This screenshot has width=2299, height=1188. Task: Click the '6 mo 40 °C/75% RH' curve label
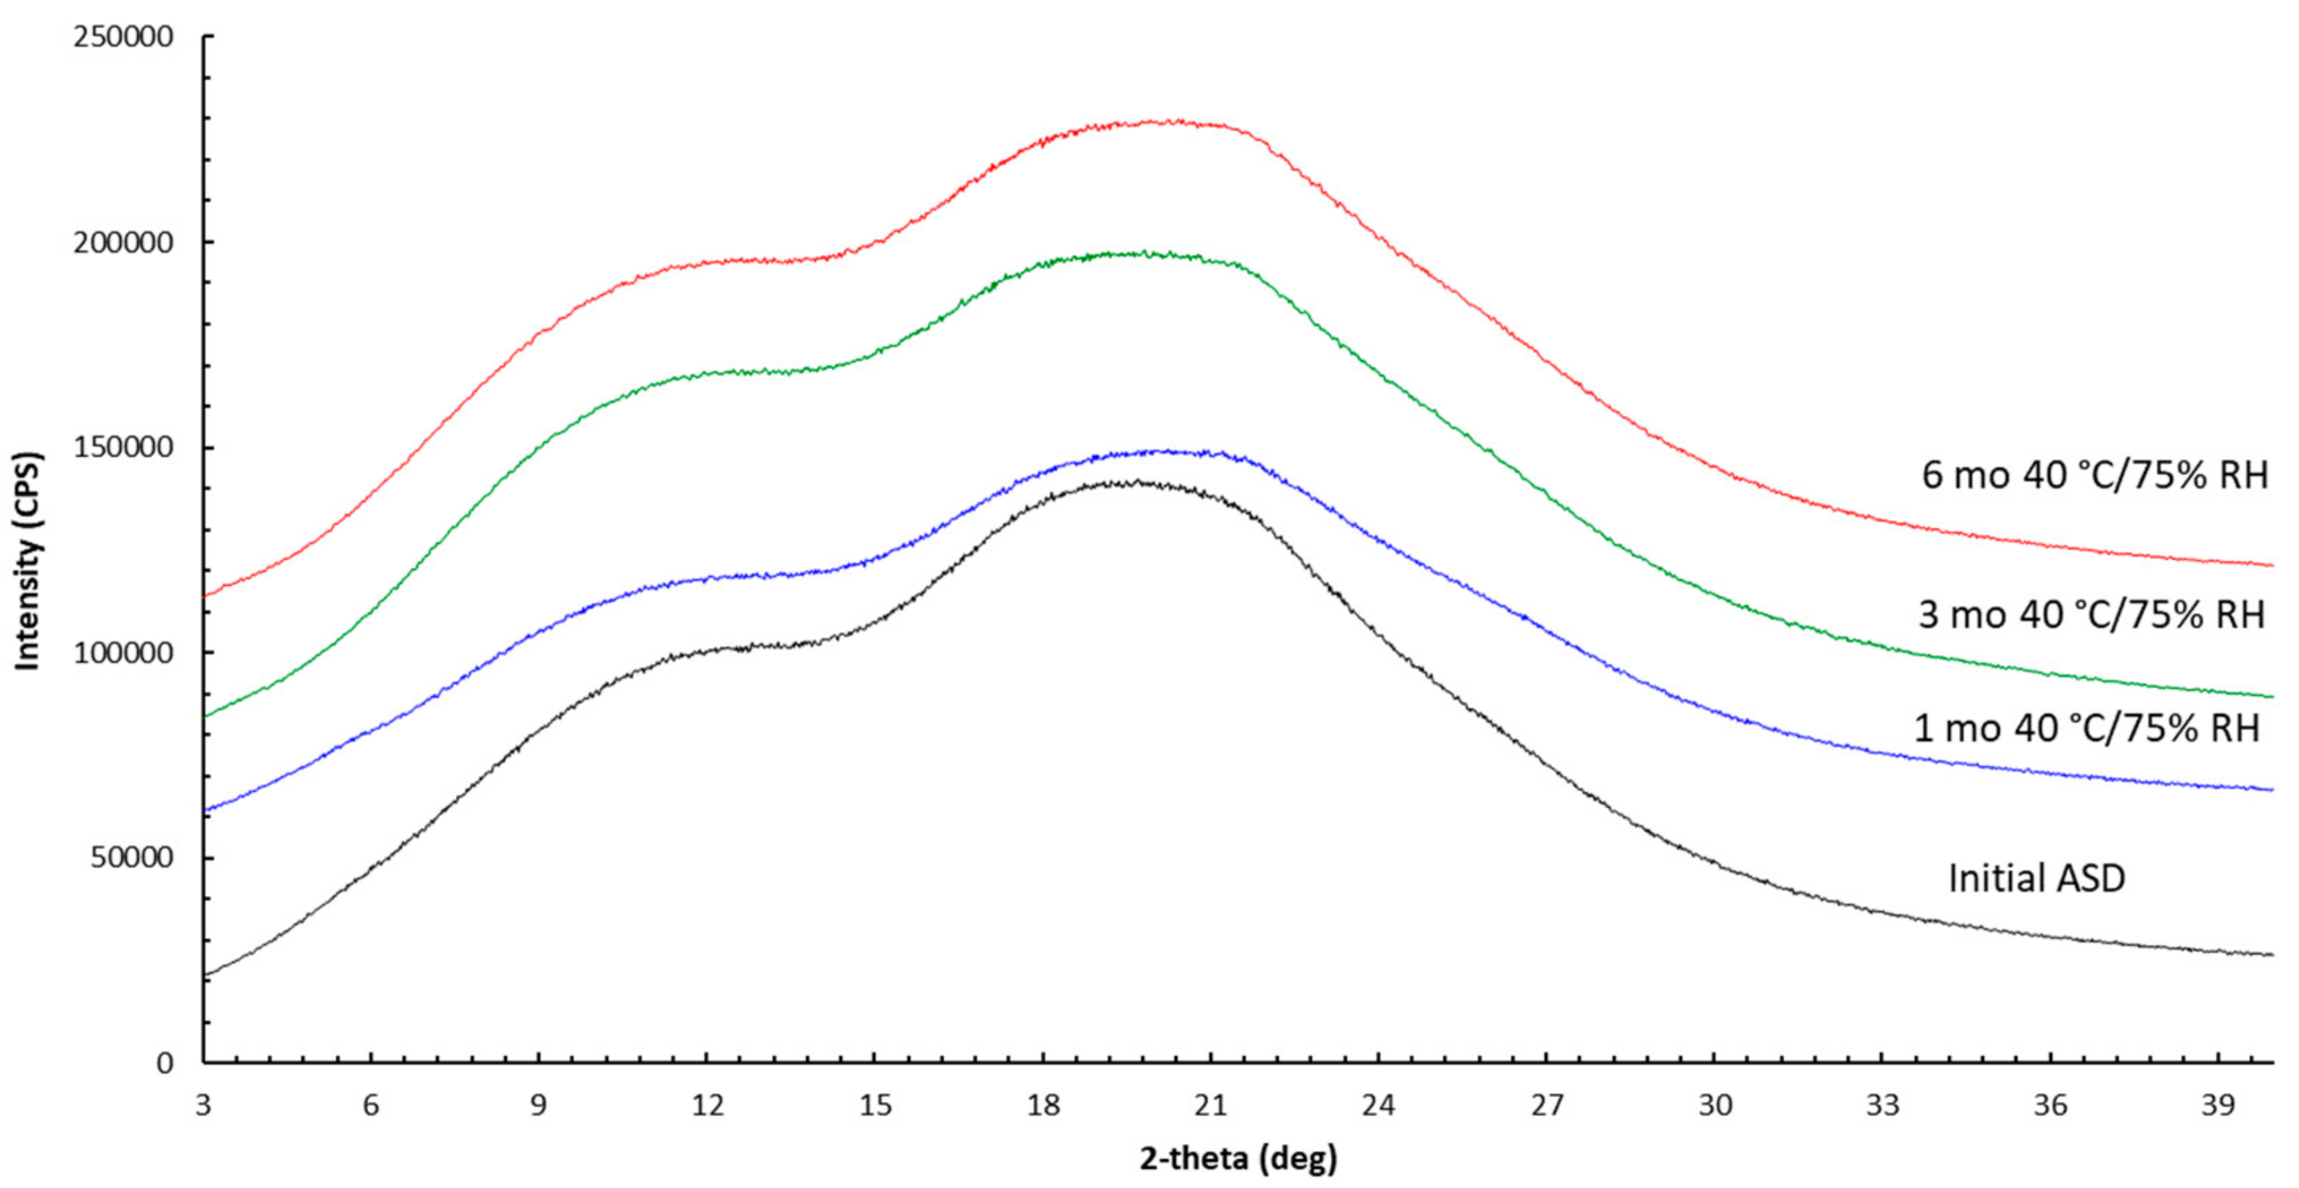(2094, 475)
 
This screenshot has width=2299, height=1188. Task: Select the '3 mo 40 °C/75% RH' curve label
(2091, 615)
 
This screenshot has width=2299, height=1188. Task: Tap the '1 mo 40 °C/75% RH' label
(2086, 729)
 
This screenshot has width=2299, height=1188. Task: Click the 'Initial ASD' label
(2036, 878)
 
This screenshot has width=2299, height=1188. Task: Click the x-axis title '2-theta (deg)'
(1238, 1158)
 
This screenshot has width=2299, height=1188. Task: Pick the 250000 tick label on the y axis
(123, 38)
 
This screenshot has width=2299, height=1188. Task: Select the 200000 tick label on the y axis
(123, 243)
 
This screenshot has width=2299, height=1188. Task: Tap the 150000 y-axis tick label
(123, 448)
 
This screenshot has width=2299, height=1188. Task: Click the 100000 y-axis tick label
(123, 653)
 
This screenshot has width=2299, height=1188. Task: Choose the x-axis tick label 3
(203, 1106)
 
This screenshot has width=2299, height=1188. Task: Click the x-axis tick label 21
(1211, 1106)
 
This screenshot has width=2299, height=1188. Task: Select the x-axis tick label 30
(1714, 1106)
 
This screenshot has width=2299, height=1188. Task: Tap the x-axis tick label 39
(2218, 1106)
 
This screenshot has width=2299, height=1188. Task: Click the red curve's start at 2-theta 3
(205, 596)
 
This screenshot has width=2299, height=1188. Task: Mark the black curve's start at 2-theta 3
(205, 975)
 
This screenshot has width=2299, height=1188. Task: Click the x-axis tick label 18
(1043, 1106)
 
